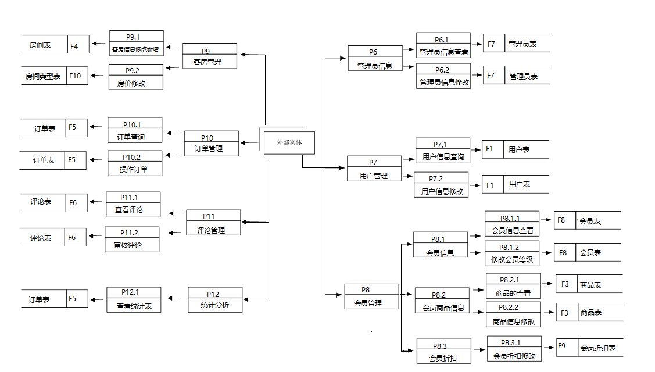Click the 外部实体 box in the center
point(289,142)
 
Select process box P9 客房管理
point(209,56)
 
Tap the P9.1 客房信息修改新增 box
point(136,43)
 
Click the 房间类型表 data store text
point(43,76)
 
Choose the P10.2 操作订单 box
point(135,163)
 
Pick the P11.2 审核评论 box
point(132,239)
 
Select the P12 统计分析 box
point(214,299)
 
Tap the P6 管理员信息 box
point(375,59)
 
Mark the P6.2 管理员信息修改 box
point(443,76)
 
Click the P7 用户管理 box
point(374,169)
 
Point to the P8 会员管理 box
point(371,296)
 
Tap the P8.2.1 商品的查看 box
point(513,287)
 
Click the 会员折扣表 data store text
point(597,348)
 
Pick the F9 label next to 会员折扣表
point(562,346)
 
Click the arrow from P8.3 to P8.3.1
point(478,350)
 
